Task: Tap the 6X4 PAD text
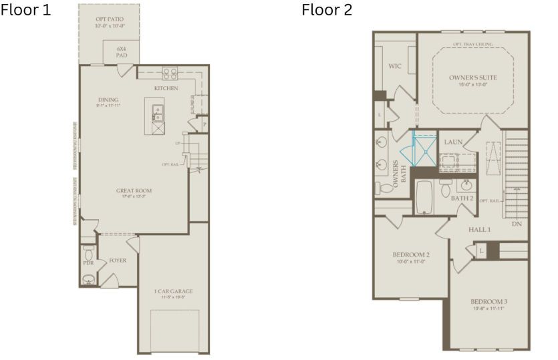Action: pyautogui.click(x=122, y=52)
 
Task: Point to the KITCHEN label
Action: pyautogui.click(x=166, y=88)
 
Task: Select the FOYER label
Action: pyautogui.click(x=117, y=261)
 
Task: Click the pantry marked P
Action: pyautogui.click(x=204, y=124)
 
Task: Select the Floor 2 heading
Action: pyautogui.click(x=327, y=10)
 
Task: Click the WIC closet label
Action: pyautogui.click(x=394, y=66)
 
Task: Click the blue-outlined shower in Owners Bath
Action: pyautogui.click(x=422, y=150)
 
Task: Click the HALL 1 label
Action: pyautogui.click(x=479, y=229)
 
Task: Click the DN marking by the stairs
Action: pyautogui.click(x=516, y=223)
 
